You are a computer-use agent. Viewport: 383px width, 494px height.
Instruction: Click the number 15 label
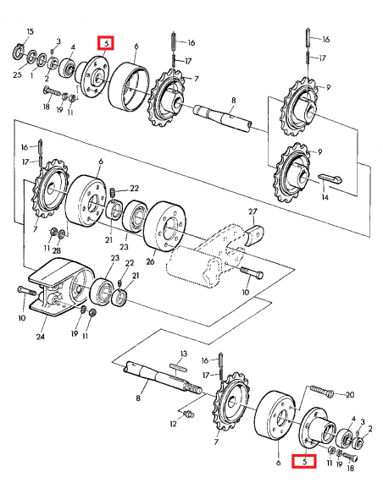[31, 32]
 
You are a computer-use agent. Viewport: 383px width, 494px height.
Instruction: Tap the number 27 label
[252, 211]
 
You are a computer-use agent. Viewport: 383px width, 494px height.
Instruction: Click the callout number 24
[39, 334]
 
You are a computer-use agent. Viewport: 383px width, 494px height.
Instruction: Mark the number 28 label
[57, 251]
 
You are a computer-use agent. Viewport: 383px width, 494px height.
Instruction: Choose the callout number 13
[182, 354]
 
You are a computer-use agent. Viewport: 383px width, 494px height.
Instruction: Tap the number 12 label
[172, 422]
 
